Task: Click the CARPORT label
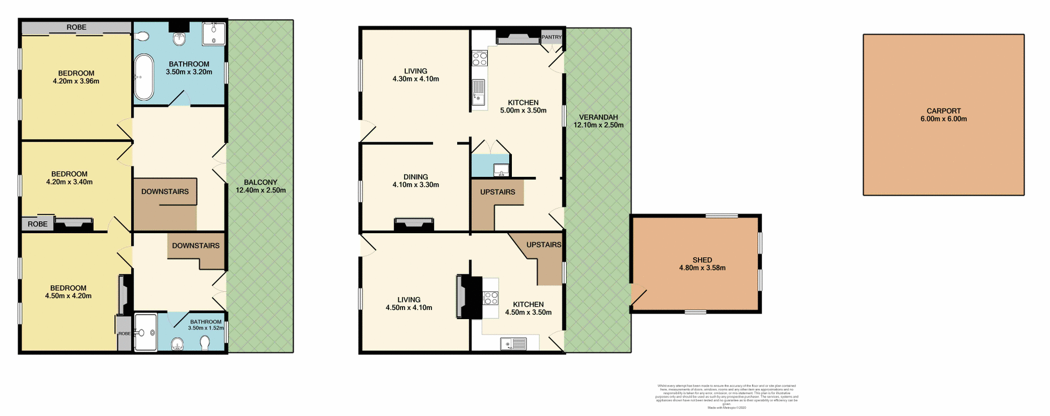[943, 111]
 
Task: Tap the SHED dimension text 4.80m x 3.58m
[702, 268]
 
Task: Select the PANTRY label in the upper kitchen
[551, 37]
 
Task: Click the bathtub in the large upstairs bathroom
[144, 77]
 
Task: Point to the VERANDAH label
[598, 117]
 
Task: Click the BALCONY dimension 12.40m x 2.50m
[260, 190]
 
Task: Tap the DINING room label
[416, 177]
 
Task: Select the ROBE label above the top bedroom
[77, 27]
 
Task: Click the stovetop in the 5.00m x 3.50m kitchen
[480, 58]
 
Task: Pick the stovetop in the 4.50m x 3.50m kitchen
[491, 298]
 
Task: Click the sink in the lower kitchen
[514, 344]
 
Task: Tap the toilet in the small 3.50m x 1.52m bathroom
[205, 343]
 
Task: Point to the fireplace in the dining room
[413, 224]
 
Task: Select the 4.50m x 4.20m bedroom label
[68, 292]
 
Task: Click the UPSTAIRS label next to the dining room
[498, 192]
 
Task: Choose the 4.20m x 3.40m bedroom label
[69, 178]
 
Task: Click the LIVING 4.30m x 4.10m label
[416, 75]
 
